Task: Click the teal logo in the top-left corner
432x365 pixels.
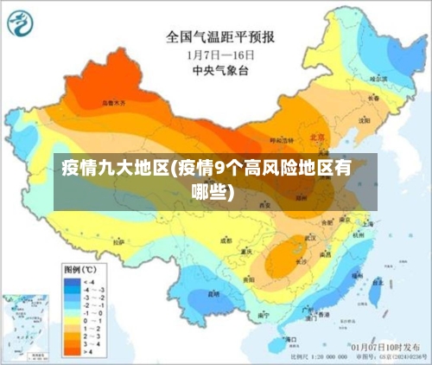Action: (21, 22)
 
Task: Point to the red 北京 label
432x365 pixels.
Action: (317, 137)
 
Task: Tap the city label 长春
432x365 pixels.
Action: (373, 99)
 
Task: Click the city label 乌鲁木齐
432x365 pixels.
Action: (112, 102)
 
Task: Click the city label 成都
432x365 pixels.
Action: (226, 241)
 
